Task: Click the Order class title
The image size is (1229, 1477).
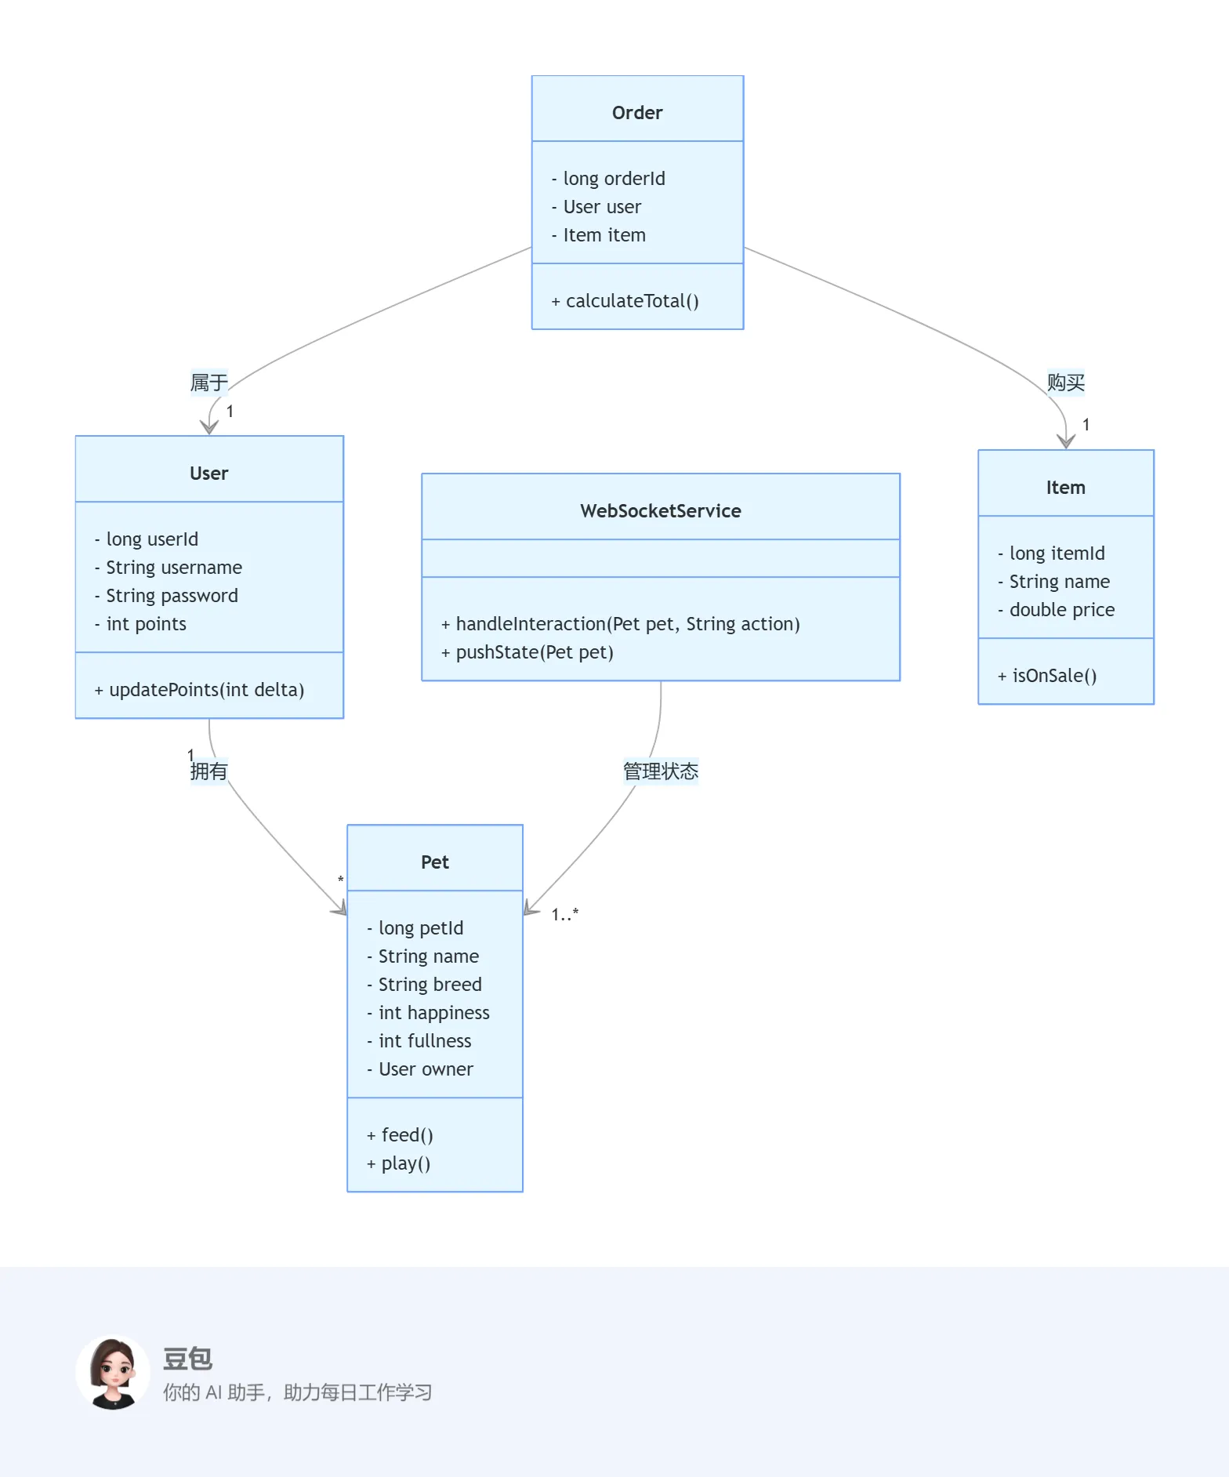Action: [637, 113]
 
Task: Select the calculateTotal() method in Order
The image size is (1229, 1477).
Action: [625, 301]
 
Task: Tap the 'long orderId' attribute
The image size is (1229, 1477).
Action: [608, 179]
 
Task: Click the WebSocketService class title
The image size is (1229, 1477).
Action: [661, 511]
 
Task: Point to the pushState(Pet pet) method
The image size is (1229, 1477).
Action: [527, 652]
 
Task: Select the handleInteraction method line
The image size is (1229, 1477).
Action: [620, 624]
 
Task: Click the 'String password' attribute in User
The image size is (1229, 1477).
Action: [166, 596]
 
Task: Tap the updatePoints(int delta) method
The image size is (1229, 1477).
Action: [199, 690]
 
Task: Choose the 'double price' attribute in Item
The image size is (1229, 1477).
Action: [1056, 610]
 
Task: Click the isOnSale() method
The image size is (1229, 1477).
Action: [1047, 676]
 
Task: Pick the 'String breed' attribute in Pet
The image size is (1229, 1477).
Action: [424, 985]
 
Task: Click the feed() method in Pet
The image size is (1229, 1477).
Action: [400, 1135]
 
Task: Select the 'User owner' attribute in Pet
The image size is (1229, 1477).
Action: [420, 1069]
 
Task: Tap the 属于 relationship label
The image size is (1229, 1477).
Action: [208, 383]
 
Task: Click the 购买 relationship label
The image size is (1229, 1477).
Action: [1066, 383]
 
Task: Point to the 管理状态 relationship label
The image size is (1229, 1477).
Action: [661, 771]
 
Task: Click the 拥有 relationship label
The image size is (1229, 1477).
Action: [208, 771]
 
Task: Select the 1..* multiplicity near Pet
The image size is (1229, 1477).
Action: [564, 914]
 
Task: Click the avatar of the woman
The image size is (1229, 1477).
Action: [114, 1373]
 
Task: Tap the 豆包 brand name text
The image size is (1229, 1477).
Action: [187, 1359]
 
